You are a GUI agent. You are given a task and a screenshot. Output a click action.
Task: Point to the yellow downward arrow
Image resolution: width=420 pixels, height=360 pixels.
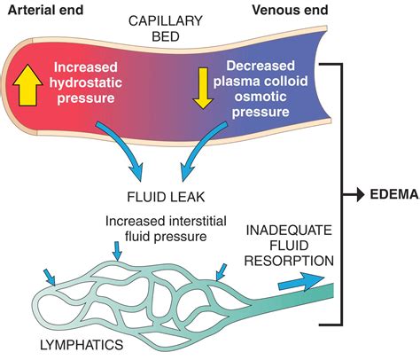[203, 85]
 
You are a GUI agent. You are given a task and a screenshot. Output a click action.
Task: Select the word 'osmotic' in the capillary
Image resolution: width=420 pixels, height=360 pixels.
[271, 98]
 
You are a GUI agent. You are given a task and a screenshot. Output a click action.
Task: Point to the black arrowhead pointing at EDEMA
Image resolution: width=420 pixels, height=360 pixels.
[354, 193]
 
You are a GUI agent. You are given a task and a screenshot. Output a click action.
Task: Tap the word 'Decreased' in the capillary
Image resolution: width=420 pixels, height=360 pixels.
[271, 67]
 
